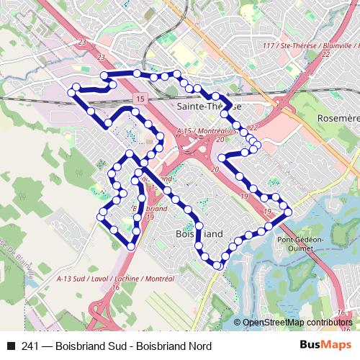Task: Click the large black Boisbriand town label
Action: click(199, 234)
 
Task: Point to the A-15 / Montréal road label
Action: click(207, 132)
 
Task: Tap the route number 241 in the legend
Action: click(30, 346)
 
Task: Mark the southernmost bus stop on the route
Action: click(217, 266)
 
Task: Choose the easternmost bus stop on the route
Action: click(288, 212)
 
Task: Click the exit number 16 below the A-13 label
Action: click(115, 287)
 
